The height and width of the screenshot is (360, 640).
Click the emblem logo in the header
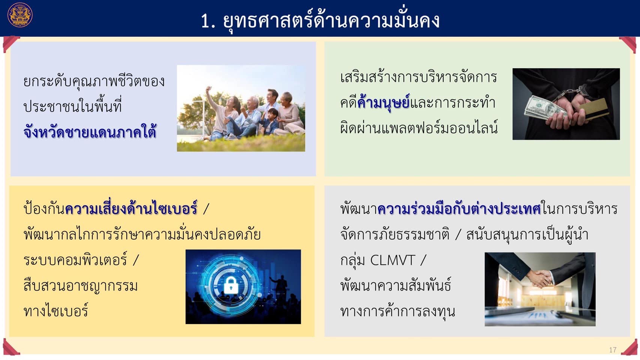click(x=20, y=15)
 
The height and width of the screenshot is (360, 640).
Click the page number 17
click(x=613, y=350)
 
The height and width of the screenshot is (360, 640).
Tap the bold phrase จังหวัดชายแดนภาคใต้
click(x=90, y=132)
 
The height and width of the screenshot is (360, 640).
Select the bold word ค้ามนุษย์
click(x=383, y=103)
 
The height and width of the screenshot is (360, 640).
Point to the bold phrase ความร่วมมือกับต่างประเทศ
click(x=459, y=209)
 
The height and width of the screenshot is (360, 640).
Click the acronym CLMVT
click(x=392, y=260)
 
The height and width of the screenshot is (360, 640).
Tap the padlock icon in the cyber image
click(x=231, y=285)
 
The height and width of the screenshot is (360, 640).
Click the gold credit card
click(x=594, y=108)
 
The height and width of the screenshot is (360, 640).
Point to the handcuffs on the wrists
click(x=569, y=93)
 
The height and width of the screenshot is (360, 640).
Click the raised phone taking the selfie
click(x=209, y=88)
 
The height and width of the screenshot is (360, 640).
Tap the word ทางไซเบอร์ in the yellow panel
click(x=56, y=311)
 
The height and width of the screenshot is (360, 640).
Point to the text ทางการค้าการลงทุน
click(x=397, y=310)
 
